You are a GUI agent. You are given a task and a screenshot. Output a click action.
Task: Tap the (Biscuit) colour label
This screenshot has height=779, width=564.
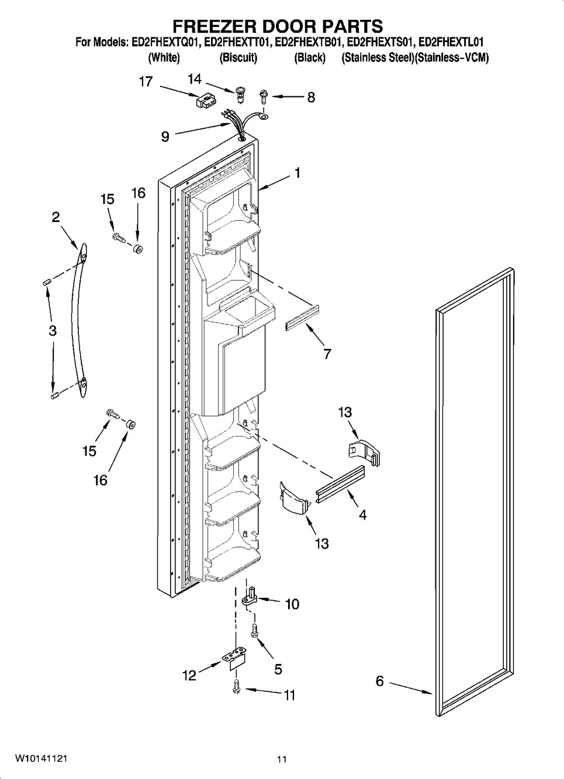click(x=238, y=58)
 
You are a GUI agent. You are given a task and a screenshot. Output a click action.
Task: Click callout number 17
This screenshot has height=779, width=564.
click(x=146, y=81)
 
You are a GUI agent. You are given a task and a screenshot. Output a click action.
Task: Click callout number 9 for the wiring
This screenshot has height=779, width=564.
click(x=165, y=137)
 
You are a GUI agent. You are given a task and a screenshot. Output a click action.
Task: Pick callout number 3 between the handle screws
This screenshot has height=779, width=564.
click(x=53, y=330)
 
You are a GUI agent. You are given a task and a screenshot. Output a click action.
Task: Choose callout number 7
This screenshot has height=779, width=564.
click(x=327, y=354)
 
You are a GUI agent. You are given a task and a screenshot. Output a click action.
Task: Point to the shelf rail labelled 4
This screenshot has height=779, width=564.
click(x=340, y=483)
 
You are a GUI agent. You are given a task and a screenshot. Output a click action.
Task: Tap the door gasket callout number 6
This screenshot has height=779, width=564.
click(x=379, y=681)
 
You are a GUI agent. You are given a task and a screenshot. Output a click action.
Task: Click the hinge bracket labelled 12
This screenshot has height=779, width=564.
click(x=235, y=657)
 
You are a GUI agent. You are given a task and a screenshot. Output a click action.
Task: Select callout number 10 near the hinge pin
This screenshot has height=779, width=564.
click(x=292, y=604)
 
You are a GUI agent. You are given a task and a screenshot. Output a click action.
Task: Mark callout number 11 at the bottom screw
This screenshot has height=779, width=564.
click(x=289, y=695)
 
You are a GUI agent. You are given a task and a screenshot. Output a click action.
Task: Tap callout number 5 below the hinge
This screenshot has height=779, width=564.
click(x=278, y=669)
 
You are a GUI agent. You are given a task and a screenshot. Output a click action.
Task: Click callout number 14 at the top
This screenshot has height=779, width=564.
click(x=194, y=79)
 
